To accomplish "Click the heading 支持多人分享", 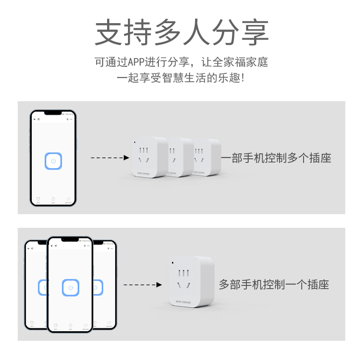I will [x=181, y=32].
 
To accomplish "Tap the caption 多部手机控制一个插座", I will [x=274, y=285].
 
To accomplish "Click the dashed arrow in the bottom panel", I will [x=142, y=285].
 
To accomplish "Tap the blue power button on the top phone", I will [x=53, y=161].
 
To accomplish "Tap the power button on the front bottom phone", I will [x=70, y=287].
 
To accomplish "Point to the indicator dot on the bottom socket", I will [x=172, y=262].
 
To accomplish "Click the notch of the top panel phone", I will [x=53, y=113].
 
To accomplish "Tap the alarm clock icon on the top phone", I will [x=38, y=199].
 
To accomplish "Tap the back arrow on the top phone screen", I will [x=34, y=119].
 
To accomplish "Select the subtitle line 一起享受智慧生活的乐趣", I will [x=181, y=78].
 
